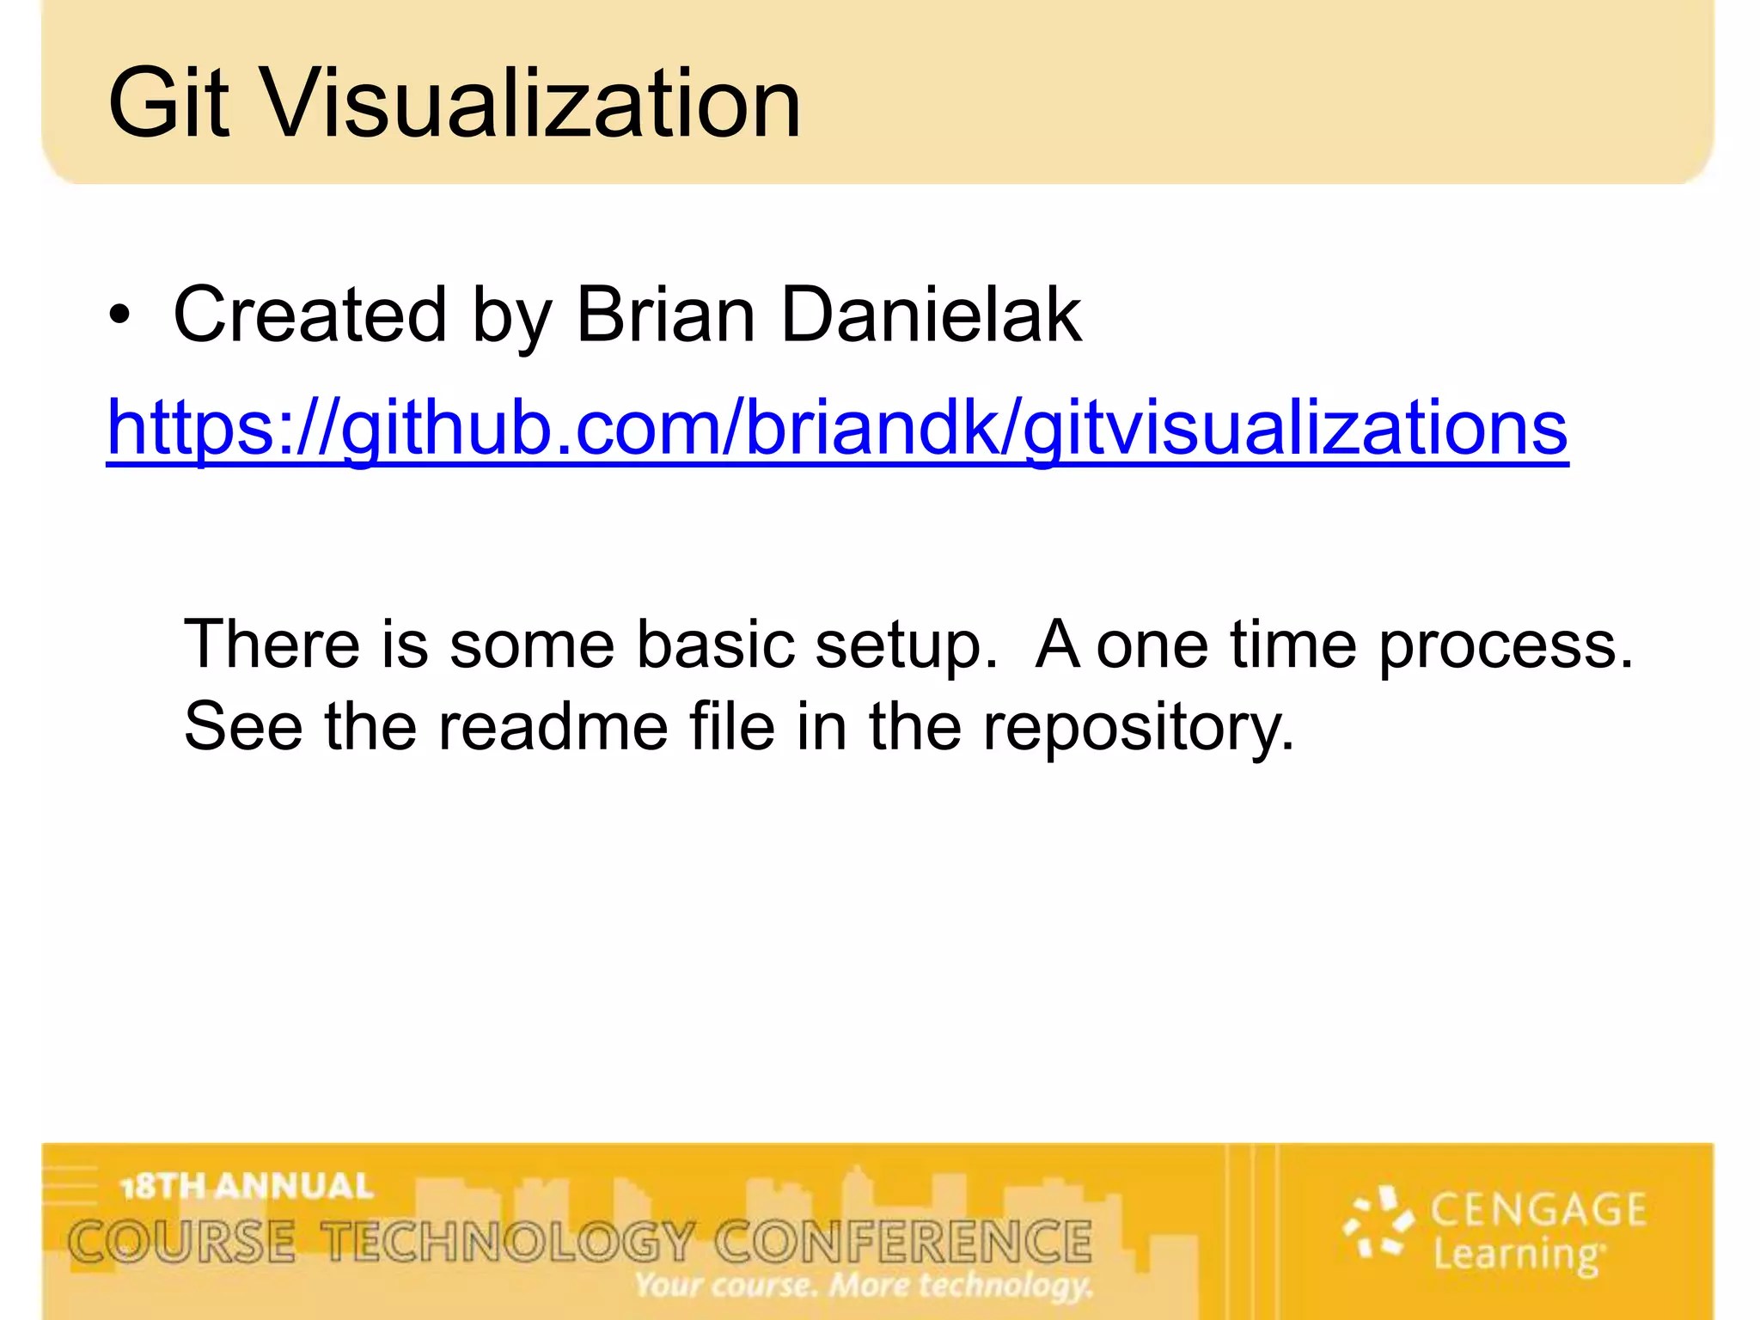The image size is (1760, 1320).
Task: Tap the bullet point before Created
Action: [x=120, y=316]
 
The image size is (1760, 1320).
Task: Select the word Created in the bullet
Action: [x=310, y=315]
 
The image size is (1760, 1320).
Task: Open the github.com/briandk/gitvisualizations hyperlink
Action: [x=837, y=428]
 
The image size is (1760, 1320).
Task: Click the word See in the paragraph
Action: [x=243, y=727]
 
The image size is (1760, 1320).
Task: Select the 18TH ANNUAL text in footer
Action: [x=247, y=1187]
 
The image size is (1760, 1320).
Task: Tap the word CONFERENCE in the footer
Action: [x=903, y=1243]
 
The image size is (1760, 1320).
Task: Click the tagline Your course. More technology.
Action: [x=863, y=1286]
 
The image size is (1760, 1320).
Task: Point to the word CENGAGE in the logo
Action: [x=1538, y=1210]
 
